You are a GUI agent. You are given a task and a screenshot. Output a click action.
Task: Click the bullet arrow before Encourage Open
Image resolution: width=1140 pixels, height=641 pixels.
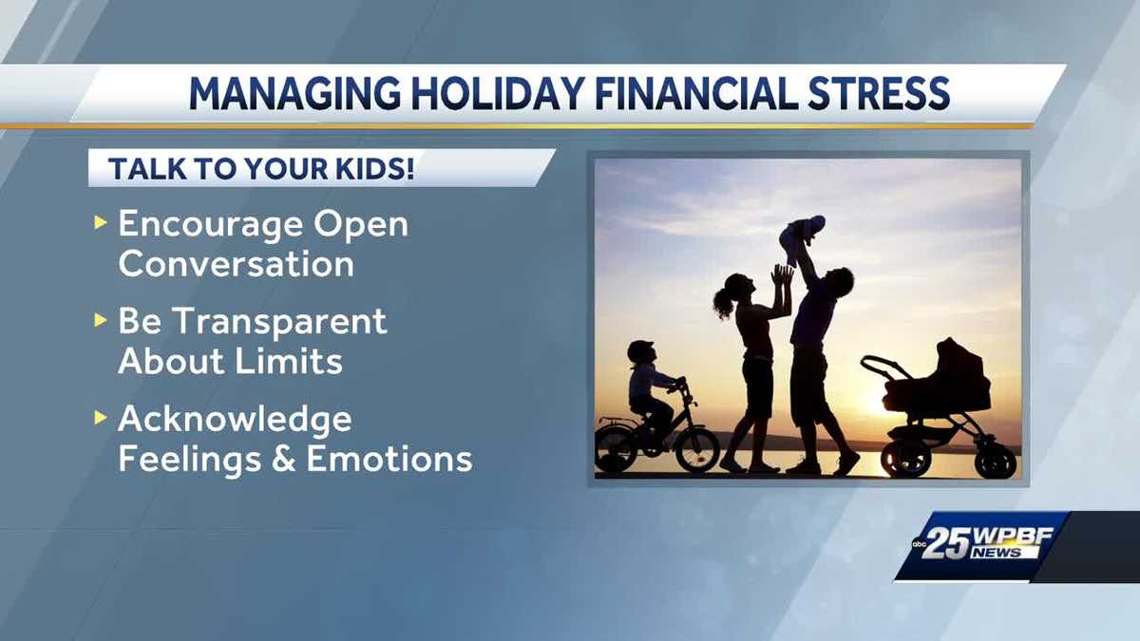pos(101,224)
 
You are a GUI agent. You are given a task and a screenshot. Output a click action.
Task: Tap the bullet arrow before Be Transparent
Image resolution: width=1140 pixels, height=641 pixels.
pos(101,321)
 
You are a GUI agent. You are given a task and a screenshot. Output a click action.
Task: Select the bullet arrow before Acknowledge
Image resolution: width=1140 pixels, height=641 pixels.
pos(101,419)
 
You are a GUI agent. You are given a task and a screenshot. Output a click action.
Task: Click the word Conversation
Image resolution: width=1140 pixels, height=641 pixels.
pos(236,264)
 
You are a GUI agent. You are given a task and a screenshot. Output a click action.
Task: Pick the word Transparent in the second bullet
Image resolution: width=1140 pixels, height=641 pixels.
pos(279,321)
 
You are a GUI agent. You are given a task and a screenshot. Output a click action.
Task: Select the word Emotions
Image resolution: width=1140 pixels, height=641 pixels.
pos(389,459)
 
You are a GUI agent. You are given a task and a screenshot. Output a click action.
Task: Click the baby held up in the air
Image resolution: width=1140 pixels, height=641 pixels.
pos(801,237)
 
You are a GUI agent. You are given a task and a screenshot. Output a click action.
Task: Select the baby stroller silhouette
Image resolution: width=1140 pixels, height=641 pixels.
pos(940,404)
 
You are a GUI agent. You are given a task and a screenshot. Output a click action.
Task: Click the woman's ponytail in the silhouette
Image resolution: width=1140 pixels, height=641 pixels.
pos(722,302)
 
